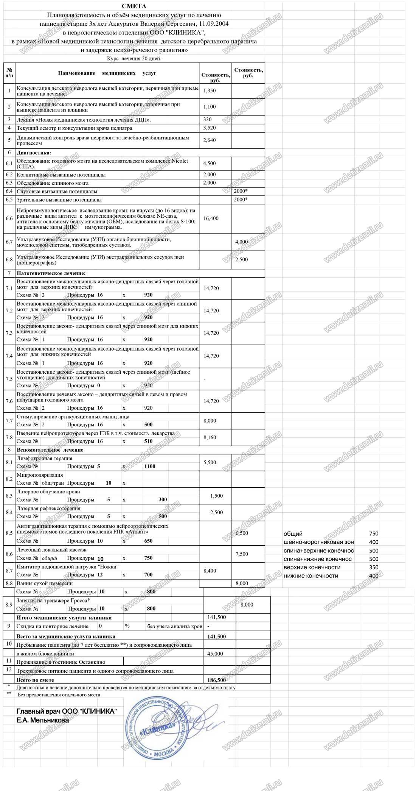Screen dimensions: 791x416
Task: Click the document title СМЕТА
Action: (134, 6)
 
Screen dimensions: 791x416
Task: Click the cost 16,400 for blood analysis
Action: (211, 218)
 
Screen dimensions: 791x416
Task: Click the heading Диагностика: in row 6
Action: (34, 153)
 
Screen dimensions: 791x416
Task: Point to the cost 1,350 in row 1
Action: (210, 91)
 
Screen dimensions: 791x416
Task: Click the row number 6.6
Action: (9, 218)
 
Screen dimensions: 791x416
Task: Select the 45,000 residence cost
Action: (215, 654)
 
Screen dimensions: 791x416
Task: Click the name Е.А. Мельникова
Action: (42, 720)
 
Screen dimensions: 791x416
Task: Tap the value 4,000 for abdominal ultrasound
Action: (241, 242)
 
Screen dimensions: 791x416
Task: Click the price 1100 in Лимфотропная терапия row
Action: (150, 466)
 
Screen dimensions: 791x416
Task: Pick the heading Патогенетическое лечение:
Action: (51, 273)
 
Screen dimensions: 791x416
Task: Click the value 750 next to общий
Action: (373, 534)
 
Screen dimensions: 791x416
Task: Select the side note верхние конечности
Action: (312, 567)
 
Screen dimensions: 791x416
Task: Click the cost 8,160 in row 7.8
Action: (210, 437)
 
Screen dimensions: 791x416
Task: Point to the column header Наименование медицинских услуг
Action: (107, 73)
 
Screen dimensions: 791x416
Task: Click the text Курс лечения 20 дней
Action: (134, 59)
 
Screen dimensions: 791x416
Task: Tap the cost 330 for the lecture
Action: (207, 119)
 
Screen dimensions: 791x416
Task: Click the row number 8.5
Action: (9, 533)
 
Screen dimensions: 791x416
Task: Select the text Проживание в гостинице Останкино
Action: (61, 662)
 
